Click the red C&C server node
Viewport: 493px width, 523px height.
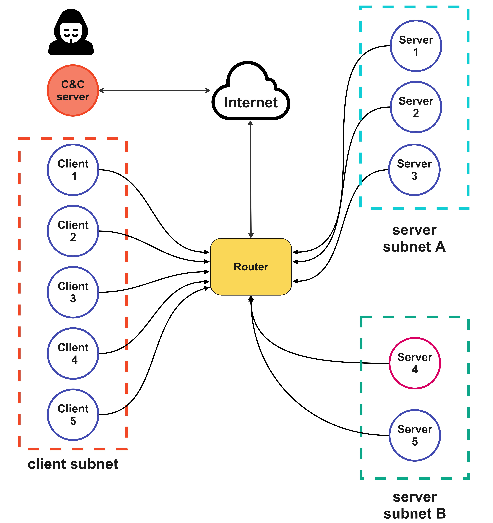point(73,91)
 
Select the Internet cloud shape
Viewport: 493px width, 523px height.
point(251,92)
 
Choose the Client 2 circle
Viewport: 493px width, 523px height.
point(73,231)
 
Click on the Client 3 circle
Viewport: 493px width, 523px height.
point(73,292)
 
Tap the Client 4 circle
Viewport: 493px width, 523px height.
point(73,353)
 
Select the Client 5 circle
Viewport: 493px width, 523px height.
point(73,415)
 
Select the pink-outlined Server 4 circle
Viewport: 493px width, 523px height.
point(415,363)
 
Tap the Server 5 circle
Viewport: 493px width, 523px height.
point(415,435)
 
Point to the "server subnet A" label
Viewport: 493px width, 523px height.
point(414,238)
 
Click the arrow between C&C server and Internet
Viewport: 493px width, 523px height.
point(154,91)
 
